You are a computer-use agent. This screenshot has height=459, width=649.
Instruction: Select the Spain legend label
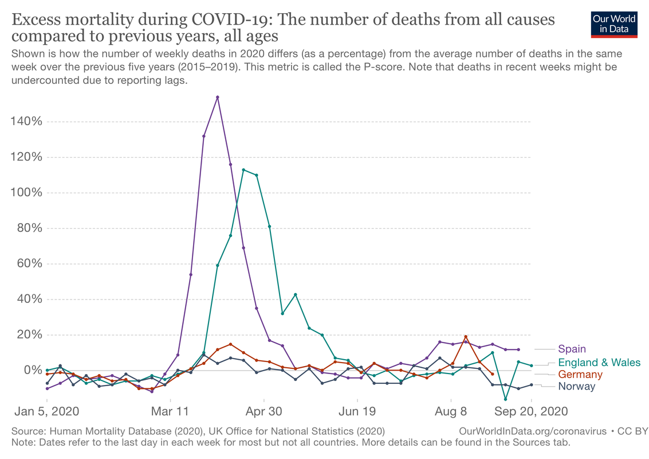[x=572, y=349]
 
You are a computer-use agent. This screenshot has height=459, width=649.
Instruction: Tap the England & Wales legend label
[x=599, y=362]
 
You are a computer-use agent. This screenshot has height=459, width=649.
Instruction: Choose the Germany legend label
[x=580, y=375]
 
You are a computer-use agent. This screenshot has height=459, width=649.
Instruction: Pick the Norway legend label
[x=576, y=386]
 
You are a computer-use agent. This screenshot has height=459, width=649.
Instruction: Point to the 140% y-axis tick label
[x=26, y=122]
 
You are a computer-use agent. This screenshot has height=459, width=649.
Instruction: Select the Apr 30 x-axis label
[x=263, y=411]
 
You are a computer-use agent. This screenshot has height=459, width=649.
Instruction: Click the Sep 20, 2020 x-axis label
[x=532, y=411]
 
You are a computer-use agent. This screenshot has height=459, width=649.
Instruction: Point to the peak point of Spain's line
[x=218, y=97]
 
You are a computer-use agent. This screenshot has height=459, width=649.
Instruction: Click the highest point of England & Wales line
[x=243, y=170]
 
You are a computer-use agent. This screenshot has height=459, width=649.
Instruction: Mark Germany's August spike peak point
[x=466, y=337]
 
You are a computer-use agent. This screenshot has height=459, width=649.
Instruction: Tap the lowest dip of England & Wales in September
[x=505, y=399]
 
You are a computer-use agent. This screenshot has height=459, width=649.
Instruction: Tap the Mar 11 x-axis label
[x=171, y=411]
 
